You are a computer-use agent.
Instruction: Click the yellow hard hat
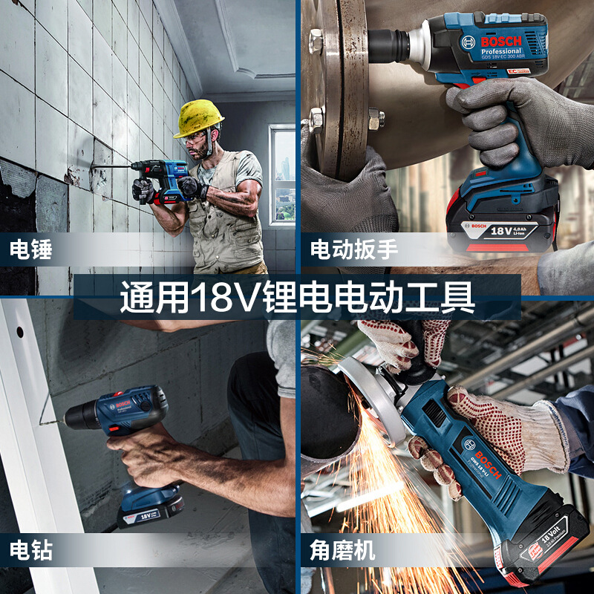[199, 117]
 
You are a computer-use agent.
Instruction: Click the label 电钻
[31, 550]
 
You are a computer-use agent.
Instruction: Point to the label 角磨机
[342, 550]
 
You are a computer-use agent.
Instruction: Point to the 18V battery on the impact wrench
[502, 223]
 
